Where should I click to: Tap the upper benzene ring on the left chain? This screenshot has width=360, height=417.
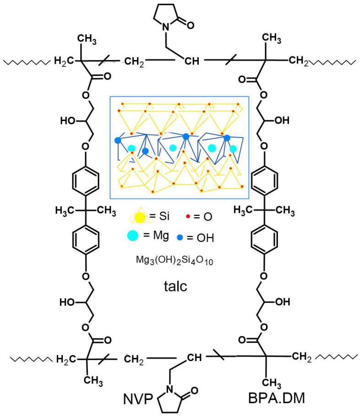[x=86, y=180]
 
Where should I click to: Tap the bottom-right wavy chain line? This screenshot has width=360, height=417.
[x=337, y=357]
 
